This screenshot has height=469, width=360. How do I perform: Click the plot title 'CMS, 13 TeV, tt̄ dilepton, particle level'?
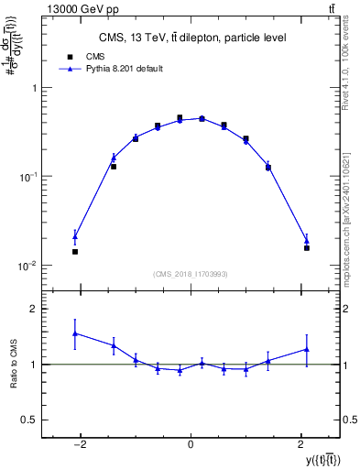point(191,38)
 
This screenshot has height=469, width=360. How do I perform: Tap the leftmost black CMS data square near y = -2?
point(75,251)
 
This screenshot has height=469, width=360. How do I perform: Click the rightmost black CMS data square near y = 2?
point(307,247)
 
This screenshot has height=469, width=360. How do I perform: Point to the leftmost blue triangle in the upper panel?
point(75,236)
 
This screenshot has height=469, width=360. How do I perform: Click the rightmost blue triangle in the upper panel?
point(307,240)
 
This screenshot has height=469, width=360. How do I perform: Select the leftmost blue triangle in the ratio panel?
point(75,333)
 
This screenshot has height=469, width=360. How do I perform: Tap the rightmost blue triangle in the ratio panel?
point(307,349)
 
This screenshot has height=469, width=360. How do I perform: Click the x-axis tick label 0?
point(191,444)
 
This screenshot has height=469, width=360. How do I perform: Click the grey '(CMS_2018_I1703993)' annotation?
point(191,273)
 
